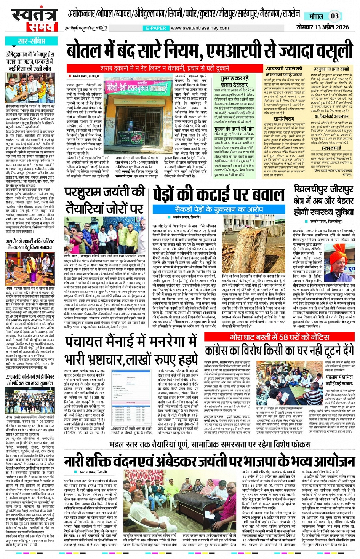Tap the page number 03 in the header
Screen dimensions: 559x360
[334, 16]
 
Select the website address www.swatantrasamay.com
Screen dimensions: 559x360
[200, 28]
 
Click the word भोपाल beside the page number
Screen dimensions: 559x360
[316, 16]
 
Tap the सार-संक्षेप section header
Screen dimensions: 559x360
[32, 41]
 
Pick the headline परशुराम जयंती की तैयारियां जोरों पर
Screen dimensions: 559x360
[104, 200]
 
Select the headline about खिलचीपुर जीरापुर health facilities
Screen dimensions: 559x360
[323, 200]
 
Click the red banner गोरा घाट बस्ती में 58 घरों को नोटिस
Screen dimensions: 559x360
[279, 337]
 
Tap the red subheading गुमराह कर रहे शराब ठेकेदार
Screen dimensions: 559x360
[235, 81]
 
